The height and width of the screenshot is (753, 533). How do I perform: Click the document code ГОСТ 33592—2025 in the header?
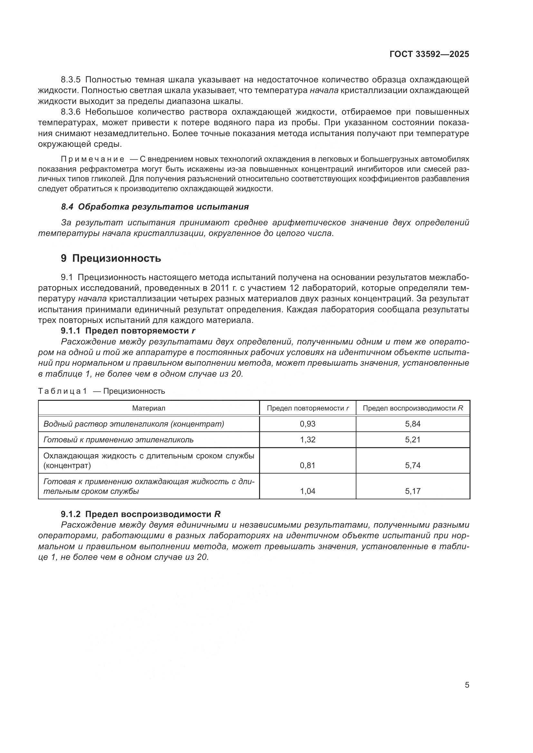tap(429, 54)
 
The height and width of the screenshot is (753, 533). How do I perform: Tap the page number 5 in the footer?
tap(467, 685)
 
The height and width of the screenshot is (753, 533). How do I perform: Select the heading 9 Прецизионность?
tap(111, 258)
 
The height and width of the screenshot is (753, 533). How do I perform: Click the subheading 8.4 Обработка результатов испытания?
tap(155, 207)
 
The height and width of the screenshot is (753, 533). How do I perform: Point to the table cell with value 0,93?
tap(307, 424)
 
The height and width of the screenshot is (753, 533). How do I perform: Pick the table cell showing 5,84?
tap(412, 424)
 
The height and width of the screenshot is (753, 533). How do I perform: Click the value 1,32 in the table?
tap(307, 439)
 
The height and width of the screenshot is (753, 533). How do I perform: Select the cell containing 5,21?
tap(412, 439)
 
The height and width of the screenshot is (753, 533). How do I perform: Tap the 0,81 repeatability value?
tap(307, 465)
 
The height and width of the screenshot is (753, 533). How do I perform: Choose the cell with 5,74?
tap(412, 465)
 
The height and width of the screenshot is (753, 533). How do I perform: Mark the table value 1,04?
tap(307, 491)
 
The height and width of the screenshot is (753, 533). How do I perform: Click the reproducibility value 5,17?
tap(412, 491)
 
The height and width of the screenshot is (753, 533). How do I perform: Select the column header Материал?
tap(149, 408)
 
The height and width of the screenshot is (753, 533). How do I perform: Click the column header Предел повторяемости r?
tap(307, 408)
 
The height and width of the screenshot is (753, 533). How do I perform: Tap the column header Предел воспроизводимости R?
tap(412, 408)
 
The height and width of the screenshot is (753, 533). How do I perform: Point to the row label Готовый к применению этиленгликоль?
tap(119, 439)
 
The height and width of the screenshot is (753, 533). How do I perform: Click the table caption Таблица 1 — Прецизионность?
tap(102, 391)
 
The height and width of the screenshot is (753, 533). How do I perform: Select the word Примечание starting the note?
tap(92, 159)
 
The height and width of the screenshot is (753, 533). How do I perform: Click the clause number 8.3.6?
tap(71, 112)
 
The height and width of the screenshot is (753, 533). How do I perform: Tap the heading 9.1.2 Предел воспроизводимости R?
tap(141, 514)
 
